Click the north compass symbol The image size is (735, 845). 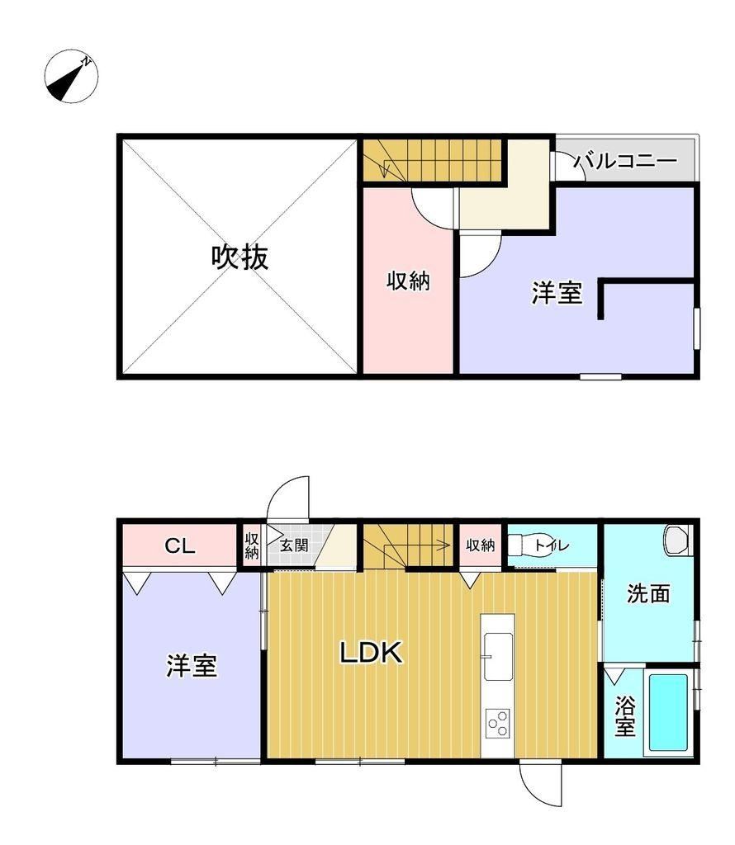(x=71, y=77)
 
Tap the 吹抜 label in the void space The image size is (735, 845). (x=239, y=257)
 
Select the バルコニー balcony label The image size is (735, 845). (x=625, y=161)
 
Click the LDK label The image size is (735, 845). (x=371, y=653)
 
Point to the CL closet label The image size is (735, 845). (x=179, y=546)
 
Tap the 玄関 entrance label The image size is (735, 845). (x=294, y=545)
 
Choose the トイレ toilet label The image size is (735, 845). (x=552, y=545)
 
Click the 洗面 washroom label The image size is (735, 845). (x=648, y=593)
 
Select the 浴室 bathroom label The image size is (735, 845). (x=625, y=716)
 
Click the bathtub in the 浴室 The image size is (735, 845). (x=668, y=712)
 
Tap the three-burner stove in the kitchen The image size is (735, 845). (x=498, y=724)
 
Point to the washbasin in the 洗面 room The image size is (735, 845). (x=677, y=540)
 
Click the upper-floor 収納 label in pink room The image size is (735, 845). (x=408, y=281)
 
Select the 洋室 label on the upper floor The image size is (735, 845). (x=557, y=293)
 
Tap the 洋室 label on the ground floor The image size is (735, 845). (x=192, y=665)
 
